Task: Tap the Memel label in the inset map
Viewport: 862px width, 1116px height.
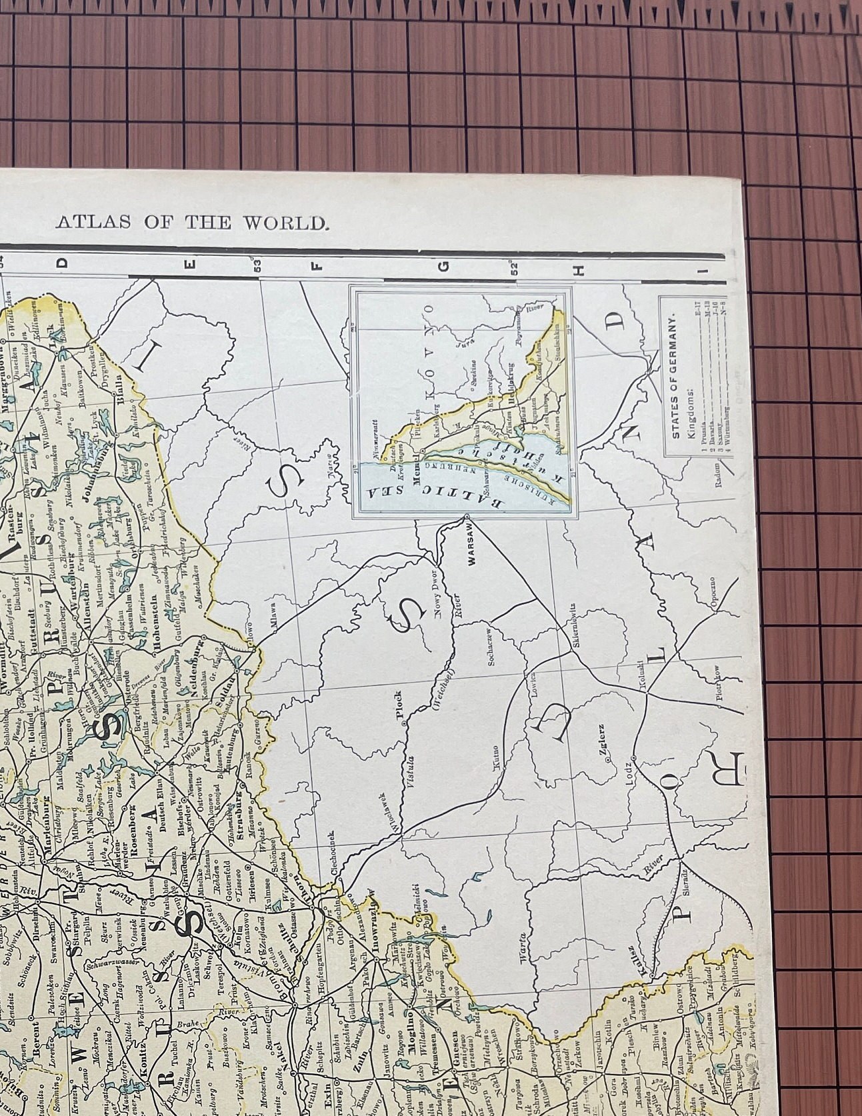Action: [419, 471]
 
